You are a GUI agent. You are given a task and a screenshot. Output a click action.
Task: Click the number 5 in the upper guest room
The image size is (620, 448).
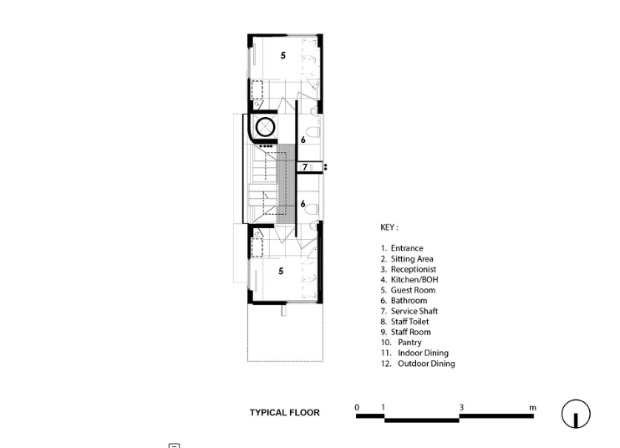coord(282,55)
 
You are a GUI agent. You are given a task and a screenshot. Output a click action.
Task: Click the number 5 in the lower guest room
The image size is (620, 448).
coord(281,271)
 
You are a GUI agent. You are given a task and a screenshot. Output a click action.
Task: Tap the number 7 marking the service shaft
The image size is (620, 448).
coord(305,167)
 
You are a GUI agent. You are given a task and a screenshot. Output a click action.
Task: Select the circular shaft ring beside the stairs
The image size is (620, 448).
coord(266,127)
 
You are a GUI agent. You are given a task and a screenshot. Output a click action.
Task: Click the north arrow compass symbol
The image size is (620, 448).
coord(576,414)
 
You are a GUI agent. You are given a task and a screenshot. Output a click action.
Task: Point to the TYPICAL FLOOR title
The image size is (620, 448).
coord(285,412)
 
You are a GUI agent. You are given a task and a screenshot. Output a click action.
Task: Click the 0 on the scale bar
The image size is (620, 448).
coord(357,407)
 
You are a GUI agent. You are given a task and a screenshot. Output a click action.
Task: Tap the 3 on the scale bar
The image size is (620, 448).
coord(461,407)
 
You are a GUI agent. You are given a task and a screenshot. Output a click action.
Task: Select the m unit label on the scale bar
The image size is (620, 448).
coord(532,408)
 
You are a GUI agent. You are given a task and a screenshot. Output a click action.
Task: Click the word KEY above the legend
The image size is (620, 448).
coord(387,227)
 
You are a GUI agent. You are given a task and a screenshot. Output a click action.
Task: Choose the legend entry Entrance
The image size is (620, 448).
coord(407,248)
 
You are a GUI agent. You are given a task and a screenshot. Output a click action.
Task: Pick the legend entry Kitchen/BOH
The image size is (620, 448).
coord(414,279)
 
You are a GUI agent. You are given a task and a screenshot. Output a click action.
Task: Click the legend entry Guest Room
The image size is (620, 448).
coord(413,290)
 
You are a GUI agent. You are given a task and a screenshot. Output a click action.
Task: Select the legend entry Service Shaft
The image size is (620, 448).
coord(414,311)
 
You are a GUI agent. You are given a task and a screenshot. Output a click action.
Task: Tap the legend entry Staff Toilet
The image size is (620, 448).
coord(409,322)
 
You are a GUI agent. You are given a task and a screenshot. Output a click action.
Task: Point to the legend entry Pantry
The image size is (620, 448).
coord(409,343)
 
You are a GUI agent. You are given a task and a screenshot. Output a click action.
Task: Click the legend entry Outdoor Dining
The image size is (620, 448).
coord(426,364)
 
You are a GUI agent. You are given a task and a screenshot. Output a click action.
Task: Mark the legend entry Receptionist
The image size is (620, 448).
coord(414,269)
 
